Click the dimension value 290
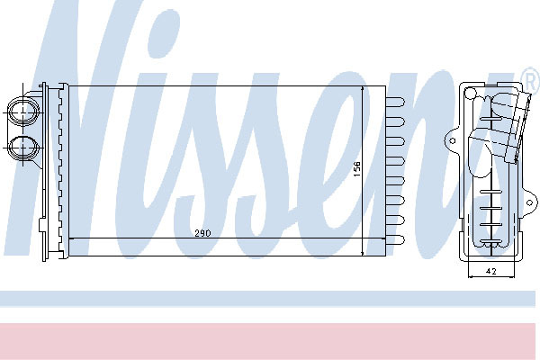(x=202, y=233)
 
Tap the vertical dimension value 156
(x=357, y=169)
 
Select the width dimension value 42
(x=491, y=272)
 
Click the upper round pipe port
(x=22, y=112)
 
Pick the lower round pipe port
(x=22, y=148)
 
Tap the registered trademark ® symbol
(x=530, y=79)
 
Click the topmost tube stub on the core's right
(x=395, y=102)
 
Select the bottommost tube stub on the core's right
(x=395, y=239)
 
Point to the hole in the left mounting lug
(x=453, y=140)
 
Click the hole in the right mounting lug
(x=529, y=202)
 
